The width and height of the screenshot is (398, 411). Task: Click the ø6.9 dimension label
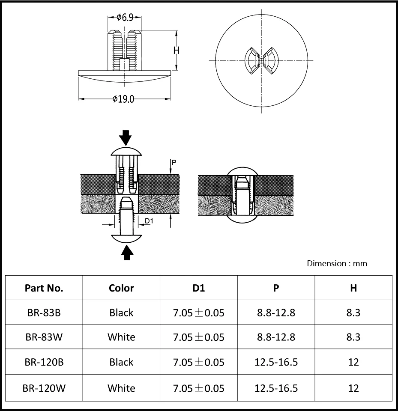(x=125, y=17)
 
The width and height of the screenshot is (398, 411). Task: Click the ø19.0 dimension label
(x=123, y=99)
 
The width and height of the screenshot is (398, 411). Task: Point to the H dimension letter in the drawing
(x=176, y=50)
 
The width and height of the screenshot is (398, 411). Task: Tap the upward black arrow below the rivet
(x=127, y=252)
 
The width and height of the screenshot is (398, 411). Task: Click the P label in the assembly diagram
(x=174, y=162)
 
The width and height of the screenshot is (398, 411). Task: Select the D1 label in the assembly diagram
(x=149, y=221)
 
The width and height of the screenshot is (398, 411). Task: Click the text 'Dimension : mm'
(x=337, y=263)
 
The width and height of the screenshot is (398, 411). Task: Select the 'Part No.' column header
(x=44, y=288)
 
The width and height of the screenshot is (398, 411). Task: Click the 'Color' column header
(x=121, y=288)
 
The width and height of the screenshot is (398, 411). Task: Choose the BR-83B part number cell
(x=44, y=313)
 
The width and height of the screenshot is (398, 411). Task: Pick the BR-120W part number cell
(x=44, y=388)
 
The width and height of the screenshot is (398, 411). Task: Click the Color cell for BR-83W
(x=121, y=337)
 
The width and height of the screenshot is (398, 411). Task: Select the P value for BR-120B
(x=276, y=362)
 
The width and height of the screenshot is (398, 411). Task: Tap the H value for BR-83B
(x=353, y=313)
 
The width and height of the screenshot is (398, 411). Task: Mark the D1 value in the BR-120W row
(x=198, y=388)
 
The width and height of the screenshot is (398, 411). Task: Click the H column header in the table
(x=353, y=288)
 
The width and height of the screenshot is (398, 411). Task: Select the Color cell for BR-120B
(x=121, y=362)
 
